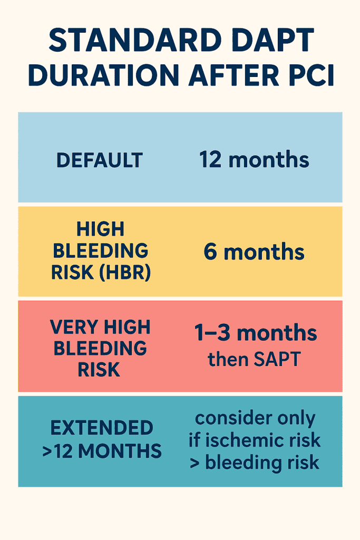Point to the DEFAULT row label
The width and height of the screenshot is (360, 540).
(x=99, y=160)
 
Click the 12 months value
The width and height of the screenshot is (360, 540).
(x=254, y=159)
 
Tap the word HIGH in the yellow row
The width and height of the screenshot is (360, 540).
(x=100, y=229)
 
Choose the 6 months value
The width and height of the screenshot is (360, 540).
(x=254, y=252)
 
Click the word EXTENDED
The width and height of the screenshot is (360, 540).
(x=99, y=428)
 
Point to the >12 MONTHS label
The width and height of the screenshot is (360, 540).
(x=102, y=451)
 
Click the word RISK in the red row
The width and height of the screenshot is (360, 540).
(x=99, y=370)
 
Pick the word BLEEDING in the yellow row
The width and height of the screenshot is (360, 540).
(x=99, y=250)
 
